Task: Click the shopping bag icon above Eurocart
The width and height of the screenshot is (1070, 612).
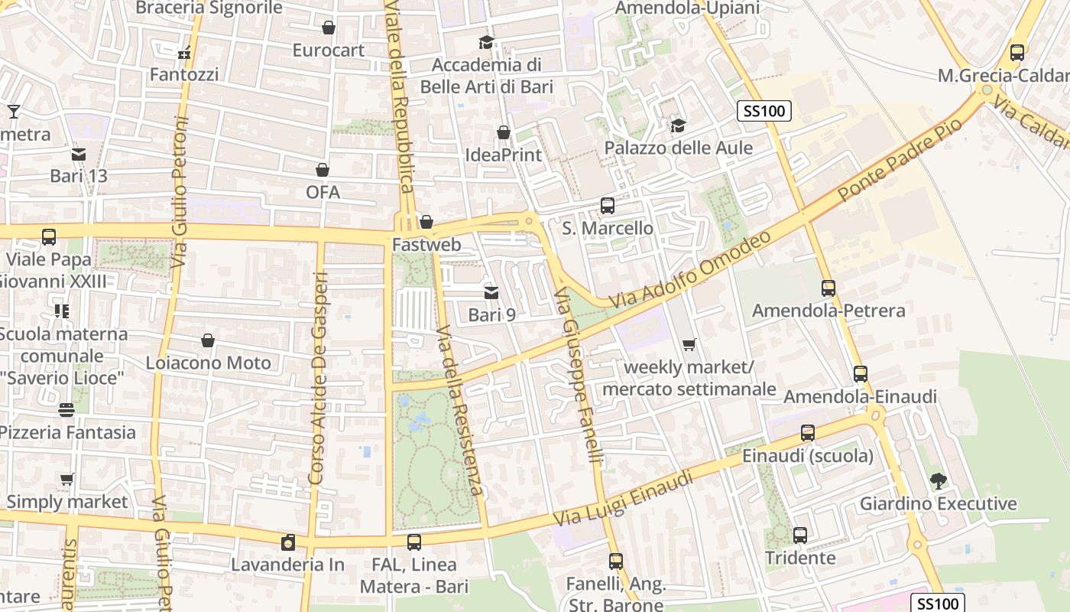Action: (x=329, y=28)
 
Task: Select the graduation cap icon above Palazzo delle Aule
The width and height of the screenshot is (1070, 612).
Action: (x=677, y=125)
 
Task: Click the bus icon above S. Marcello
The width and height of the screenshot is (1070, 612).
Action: (x=608, y=206)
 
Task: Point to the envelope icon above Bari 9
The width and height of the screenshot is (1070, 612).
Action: (x=491, y=293)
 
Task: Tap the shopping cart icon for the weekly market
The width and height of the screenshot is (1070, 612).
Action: (x=689, y=345)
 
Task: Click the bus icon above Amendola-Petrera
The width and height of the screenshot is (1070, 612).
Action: (x=828, y=288)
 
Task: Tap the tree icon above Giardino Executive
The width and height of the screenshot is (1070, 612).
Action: (x=938, y=481)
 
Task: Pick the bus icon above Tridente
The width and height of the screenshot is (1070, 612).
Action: (x=800, y=535)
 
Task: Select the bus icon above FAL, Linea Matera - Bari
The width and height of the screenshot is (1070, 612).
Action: (x=413, y=542)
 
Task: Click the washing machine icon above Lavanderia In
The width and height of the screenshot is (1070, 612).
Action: (x=288, y=542)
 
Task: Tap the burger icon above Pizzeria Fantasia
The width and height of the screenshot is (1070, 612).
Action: (x=66, y=410)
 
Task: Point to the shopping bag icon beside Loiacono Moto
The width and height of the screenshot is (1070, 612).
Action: (x=208, y=340)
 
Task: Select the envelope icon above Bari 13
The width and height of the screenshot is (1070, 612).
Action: (x=79, y=155)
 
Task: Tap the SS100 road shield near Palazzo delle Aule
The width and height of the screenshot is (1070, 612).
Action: (x=764, y=111)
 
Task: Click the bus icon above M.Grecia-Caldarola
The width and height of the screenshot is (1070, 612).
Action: (x=1016, y=53)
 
